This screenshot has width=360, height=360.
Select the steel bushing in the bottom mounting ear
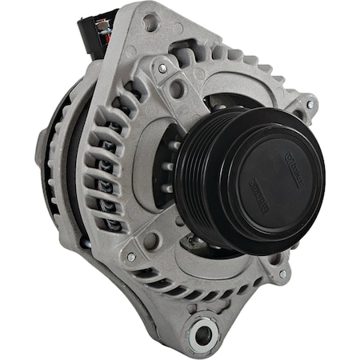[205, 332]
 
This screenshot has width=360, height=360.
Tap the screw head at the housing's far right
[310, 105]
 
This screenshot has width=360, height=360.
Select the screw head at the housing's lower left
[130, 257]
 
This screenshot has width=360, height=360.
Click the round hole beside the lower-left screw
[150, 239]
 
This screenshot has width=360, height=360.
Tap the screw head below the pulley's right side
[282, 274]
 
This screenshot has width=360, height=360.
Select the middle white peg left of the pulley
[170, 167]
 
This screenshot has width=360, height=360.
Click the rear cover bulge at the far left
[42, 152]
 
